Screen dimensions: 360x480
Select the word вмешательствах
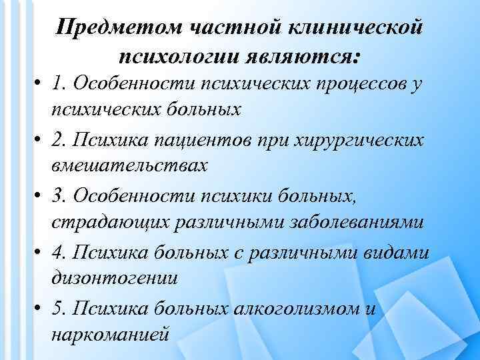pyautogui.click(x=129, y=165)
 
